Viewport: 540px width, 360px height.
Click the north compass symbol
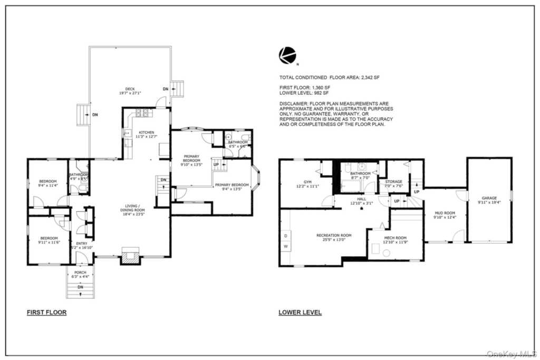pyautogui.click(x=287, y=55)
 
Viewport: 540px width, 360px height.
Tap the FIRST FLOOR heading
pyautogui.click(x=46, y=313)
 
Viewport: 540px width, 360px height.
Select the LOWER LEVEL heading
pyautogui.click(x=300, y=313)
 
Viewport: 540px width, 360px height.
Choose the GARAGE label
pyautogui.click(x=489, y=198)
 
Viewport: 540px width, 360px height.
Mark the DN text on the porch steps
pyautogui.click(x=80, y=287)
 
